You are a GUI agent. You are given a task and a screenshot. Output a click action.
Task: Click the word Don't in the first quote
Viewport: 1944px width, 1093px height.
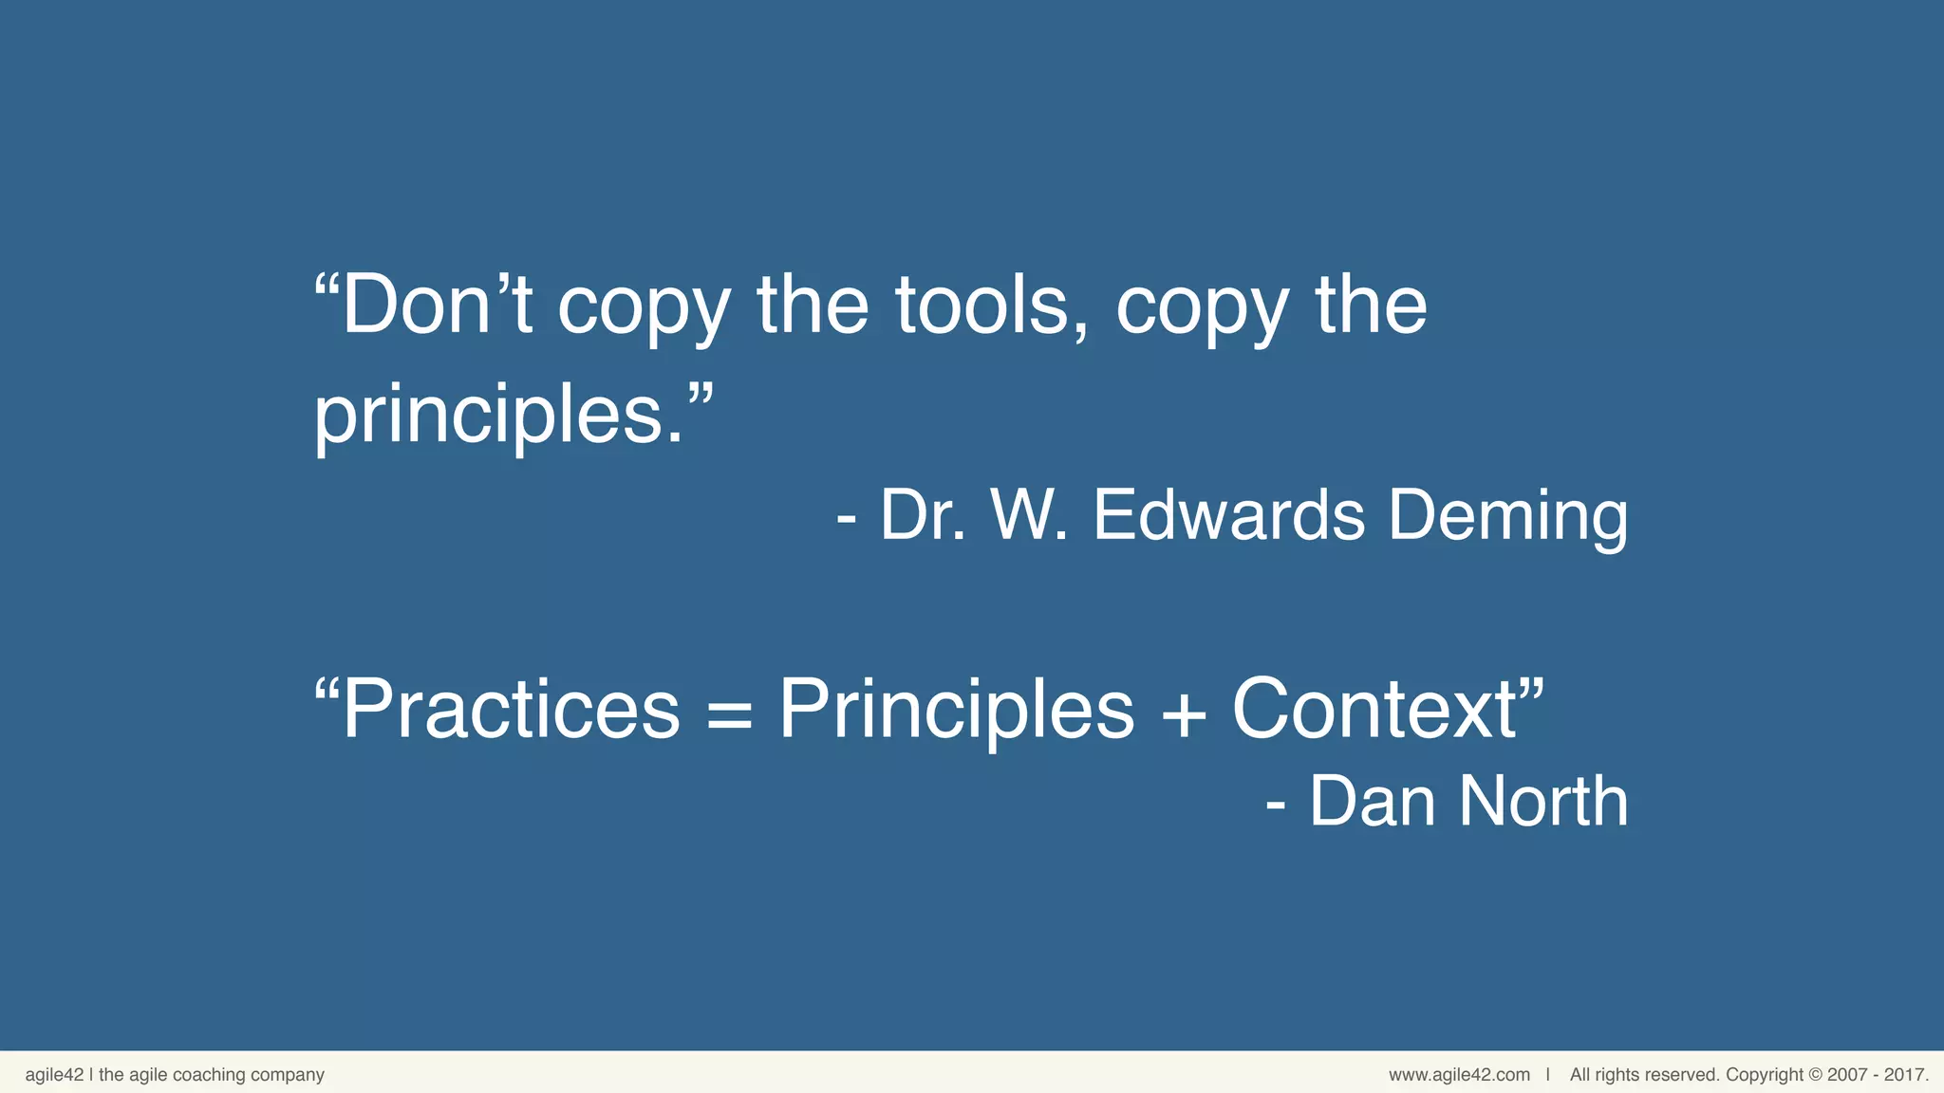pyautogui.click(x=437, y=306)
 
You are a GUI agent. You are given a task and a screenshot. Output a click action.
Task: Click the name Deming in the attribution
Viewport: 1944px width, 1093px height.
pyautogui.click(x=1507, y=515)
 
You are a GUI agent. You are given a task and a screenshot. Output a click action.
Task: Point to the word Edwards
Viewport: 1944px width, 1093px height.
pyautogui.click(x=1228, y=515)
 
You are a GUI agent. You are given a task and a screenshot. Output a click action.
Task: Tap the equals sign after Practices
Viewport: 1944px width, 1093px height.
pyautogui.click(x=729, y=713)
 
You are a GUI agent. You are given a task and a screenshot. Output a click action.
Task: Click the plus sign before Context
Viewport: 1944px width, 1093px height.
pyautogui.click(x=1183, y=713)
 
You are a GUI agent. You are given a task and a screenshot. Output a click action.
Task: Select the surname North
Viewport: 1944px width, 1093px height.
pyautogui.click(x=1543, y=801)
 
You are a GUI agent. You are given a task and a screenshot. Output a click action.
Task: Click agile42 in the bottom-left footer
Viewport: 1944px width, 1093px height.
pyautogui.click(x=54, y=1075)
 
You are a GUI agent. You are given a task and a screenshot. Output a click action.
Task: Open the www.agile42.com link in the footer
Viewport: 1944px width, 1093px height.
pyautogui.click(x=1459, y=1075)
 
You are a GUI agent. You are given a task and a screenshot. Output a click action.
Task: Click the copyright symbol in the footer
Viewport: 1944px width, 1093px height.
pyautogui.click(x=1815, y=1075)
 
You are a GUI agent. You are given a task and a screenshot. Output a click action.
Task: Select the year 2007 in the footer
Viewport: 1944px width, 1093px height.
pyautogui.click(x=1847, y=1075)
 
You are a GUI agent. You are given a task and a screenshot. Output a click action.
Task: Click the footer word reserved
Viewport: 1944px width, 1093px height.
pyautogui.click(x=1687, y=1075)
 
